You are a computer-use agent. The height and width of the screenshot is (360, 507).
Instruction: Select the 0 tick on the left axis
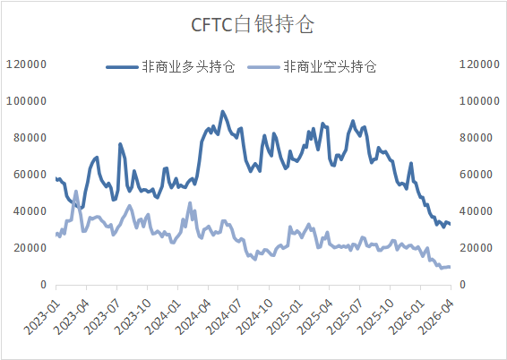(42, 284)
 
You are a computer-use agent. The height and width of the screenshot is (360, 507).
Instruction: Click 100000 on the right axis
(478, 101)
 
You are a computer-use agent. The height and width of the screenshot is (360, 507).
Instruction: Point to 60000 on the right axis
(476, 175)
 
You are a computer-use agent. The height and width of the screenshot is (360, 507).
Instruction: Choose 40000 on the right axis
(476, 211)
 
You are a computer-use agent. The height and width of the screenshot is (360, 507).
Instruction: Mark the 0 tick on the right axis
(463, 284)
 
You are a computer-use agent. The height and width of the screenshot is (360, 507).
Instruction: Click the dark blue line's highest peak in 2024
(223, 112)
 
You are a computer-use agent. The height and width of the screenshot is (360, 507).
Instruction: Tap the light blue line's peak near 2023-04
(76, 192)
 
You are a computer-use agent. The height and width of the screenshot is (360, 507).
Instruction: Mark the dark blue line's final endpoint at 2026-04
(449, 224)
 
